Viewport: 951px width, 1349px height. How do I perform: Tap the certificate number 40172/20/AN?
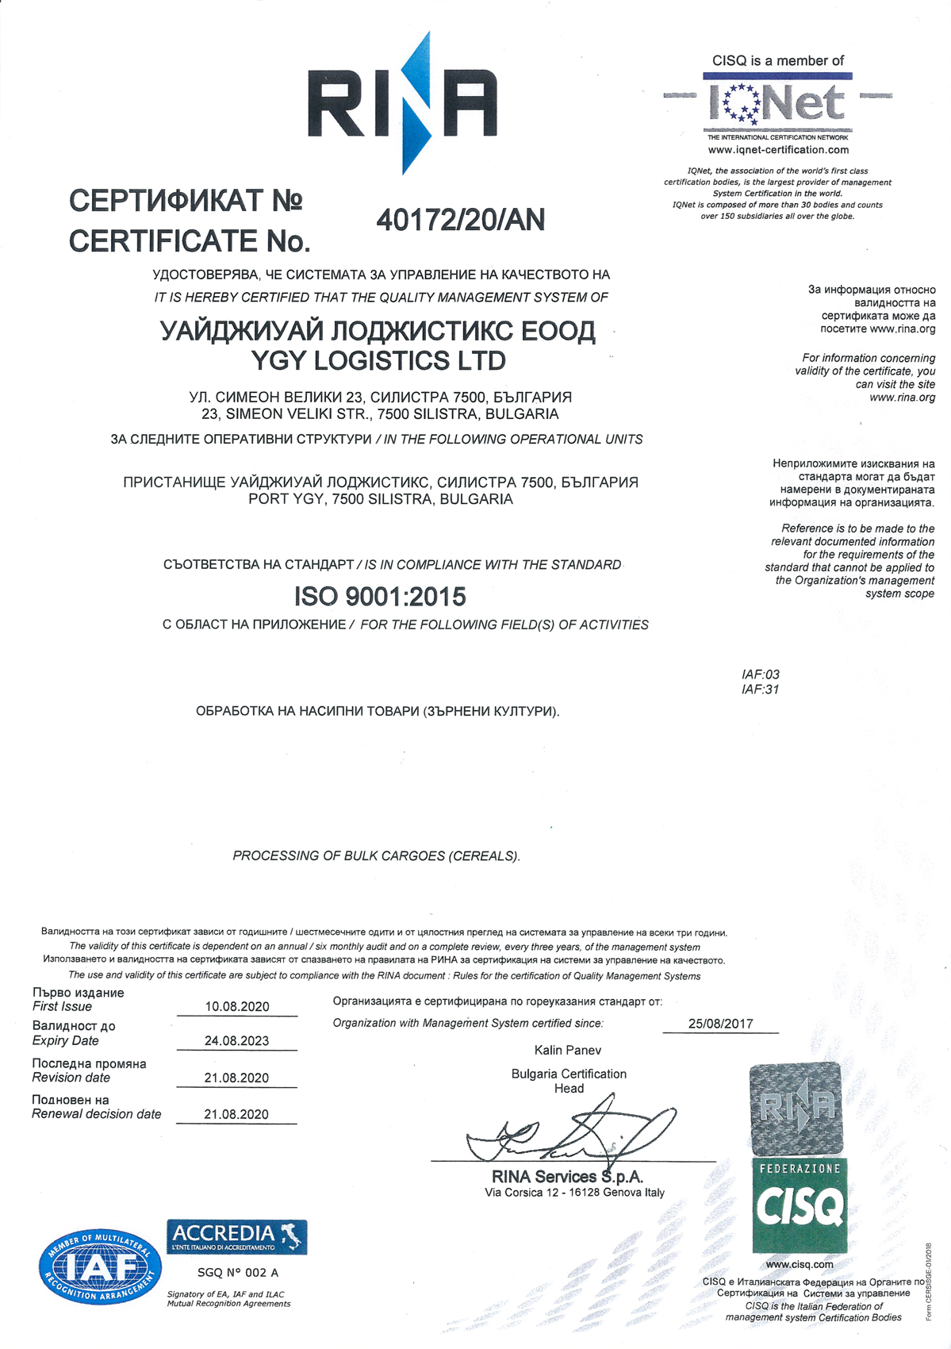click(460, 220)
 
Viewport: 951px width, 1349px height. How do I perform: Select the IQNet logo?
click(777, 103)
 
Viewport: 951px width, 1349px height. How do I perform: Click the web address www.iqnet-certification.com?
click(778, 150)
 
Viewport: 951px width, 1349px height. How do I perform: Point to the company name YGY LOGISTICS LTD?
click(378, 361)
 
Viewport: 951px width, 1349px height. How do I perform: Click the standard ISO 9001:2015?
click(380, 596)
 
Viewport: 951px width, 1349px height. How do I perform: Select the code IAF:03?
click(761, 674)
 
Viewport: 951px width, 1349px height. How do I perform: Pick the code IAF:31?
click(761, 690)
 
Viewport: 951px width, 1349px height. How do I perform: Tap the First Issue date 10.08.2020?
click(237, 1006)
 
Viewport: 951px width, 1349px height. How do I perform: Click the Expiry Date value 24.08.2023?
click(237, 1040)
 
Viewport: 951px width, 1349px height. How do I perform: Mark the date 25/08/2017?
click(720, 1024)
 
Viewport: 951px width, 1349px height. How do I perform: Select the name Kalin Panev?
click(568, 1050)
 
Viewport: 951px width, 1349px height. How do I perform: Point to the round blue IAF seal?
click(100, 1267)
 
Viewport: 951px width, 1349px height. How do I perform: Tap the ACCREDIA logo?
click(236, 1237)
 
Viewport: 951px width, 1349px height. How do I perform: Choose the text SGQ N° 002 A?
click(238, 1273)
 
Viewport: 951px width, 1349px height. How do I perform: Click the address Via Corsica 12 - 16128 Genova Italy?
click(574, 1192)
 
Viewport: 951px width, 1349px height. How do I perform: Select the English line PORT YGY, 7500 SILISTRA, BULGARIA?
click(381, 499)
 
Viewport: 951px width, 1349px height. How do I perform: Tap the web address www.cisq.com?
click(800, 1265)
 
